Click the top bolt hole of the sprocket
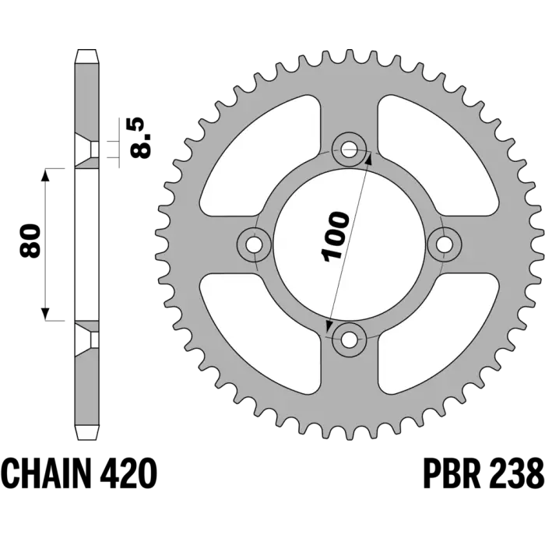click(x=349, y=150)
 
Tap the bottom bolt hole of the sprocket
click(x=349, y=339)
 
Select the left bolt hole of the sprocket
click(x=254, y=244)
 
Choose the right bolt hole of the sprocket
click(x=444, y=244)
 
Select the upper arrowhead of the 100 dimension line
click(x=369, y=158)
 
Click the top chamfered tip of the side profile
click(x=86, y=56)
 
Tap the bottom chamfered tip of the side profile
click(x=86, y=433)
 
